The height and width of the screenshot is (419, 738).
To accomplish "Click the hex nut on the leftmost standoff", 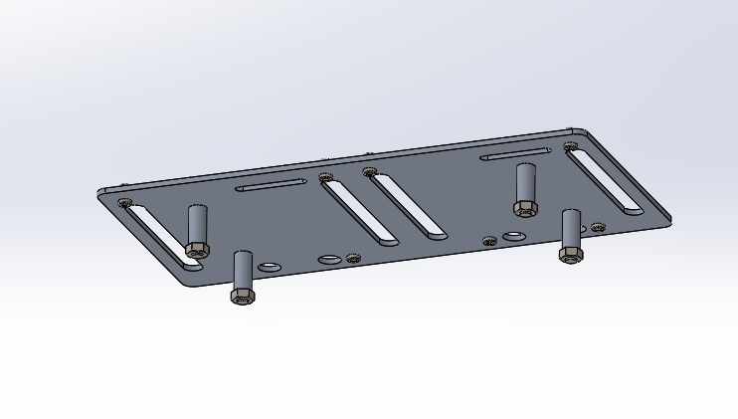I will point(197,250).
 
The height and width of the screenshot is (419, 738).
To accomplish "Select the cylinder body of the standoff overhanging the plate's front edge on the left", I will point(242,270).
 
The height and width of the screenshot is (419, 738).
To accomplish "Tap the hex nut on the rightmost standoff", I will point(570,255).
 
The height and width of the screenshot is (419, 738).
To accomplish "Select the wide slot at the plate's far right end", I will point(606,179).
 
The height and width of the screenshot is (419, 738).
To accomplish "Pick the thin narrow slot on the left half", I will point(271,185).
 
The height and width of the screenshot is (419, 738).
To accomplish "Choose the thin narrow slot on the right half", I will point(514,154).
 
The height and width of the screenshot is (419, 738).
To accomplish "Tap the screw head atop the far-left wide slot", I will point(124,202).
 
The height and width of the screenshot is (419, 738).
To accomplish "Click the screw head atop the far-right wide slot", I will point(570,146).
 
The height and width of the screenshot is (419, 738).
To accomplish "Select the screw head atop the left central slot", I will point(324,177).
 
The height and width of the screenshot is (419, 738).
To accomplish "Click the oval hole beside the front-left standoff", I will point(270,267).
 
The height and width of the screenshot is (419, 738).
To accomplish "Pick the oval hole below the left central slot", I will point(329,260).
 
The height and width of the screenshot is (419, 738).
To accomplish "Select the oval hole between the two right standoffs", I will point(514,237).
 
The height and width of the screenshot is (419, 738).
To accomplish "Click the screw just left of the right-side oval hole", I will point(488,240).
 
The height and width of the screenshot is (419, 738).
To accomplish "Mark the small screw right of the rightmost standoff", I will point(598,227).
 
